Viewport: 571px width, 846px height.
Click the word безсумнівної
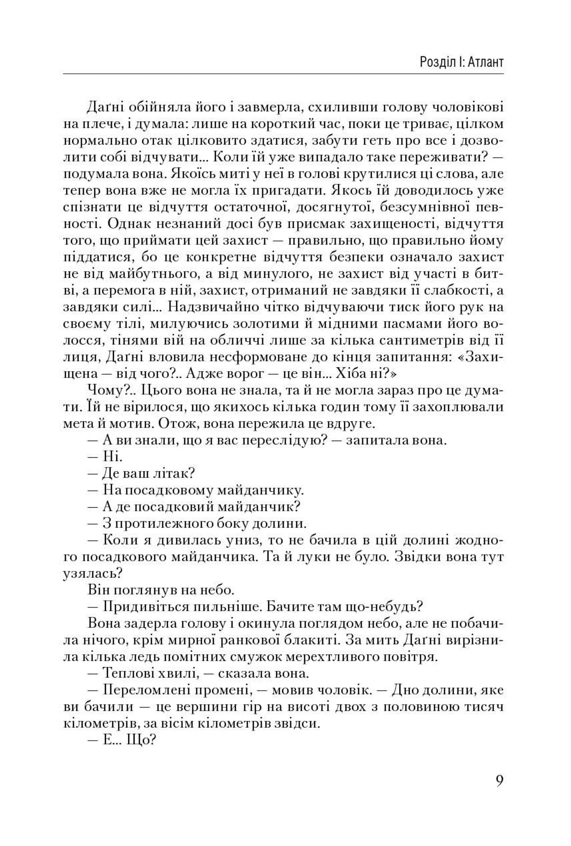click(x=423, y=208)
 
